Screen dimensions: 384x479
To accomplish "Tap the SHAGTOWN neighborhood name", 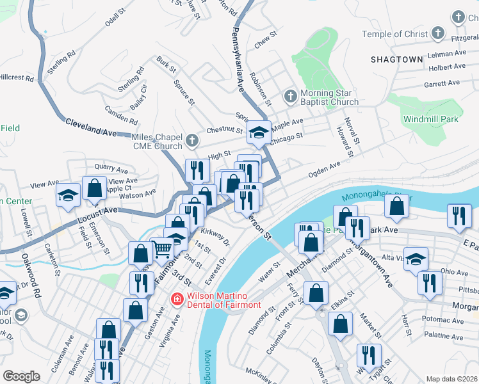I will [396, 60].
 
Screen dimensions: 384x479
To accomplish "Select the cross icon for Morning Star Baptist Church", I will [290, 97].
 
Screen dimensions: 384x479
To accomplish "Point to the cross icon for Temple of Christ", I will [438, 33].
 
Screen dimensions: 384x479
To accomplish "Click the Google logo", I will [21, 376].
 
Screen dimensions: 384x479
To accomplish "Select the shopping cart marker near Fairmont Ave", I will [162, 248].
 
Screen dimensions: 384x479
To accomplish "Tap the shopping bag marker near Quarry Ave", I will [95, 189].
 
